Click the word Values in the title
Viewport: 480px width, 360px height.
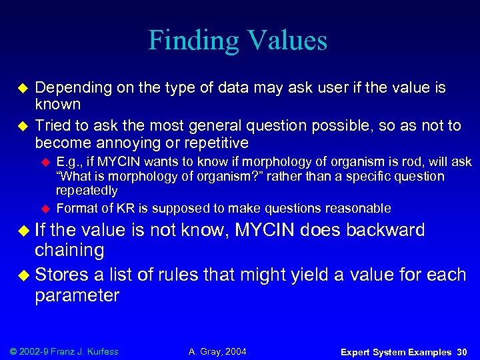tap(285, 41)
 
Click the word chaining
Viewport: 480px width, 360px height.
tap(69, 251)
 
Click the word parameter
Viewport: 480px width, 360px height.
tap(77, 295)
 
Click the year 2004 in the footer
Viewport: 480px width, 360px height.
tap(234, 351)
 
